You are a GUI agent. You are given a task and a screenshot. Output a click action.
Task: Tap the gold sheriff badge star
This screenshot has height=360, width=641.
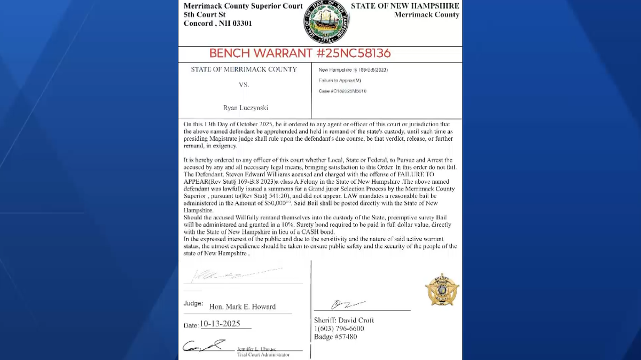[442, 289]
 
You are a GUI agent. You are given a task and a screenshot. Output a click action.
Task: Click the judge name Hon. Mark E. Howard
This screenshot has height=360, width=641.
[243, 307]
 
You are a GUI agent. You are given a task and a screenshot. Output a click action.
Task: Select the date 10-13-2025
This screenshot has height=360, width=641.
[220, 324]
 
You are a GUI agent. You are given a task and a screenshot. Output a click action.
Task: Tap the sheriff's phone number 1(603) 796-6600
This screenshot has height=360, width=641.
[339, 328]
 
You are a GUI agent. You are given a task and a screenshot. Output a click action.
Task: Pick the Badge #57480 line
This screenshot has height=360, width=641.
[335, 336]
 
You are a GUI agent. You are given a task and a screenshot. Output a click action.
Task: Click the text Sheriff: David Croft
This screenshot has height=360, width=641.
[344, 320]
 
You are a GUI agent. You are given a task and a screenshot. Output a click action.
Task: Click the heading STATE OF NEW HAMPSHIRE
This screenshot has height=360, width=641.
[405, 6]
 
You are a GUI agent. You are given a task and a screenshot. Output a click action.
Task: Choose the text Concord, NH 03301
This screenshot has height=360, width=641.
[218, 24]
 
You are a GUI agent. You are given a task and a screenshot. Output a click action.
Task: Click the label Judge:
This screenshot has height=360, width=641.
[193, 303]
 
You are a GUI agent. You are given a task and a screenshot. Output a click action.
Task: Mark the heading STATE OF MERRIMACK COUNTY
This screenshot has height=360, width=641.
[244, 69]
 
